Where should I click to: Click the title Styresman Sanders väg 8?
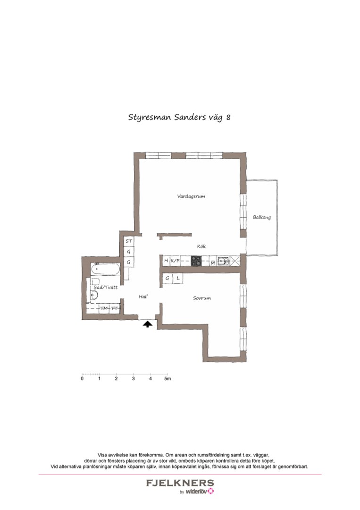click(179, 117)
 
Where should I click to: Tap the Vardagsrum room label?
click(191, 196)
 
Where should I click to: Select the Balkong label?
click(262, 217)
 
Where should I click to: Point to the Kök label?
click(201, 246)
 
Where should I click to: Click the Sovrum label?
click(201, 298)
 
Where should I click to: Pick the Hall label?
click(143, 297)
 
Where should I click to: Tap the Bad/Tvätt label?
click(105, 287)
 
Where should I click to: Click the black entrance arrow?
click(147, 324)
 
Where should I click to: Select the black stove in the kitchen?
click(197, 261)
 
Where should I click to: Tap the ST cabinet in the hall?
click(128, 241)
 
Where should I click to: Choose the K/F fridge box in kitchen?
click(175, 261)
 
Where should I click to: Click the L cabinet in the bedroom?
click(178, 279)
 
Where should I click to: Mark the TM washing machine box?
click(104, 308)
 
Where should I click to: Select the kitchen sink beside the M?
click(226, 261)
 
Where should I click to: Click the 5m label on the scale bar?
click(167, 379)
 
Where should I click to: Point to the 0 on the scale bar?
click(82, 379)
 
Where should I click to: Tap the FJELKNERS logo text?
click(180, 483)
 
